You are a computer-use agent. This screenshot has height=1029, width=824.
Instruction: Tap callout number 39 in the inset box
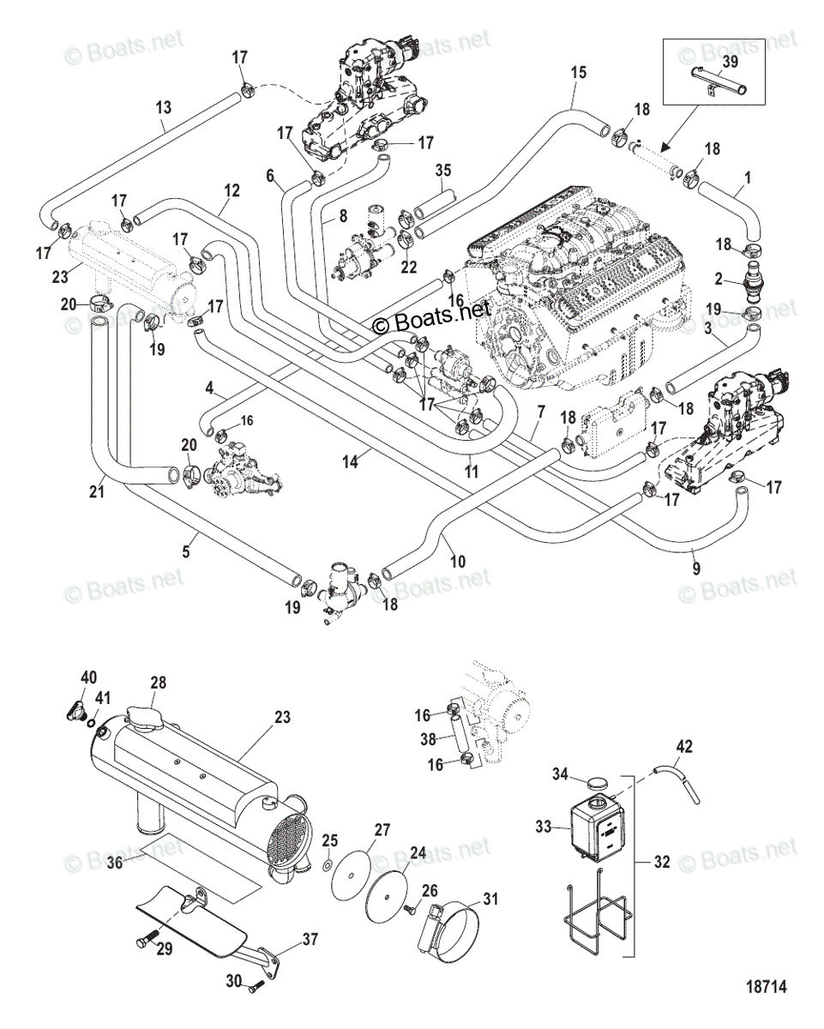pyautogui.click(x=730, y=61)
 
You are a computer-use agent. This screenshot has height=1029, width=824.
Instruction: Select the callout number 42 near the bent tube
pyautogui.click(x=684, y=746)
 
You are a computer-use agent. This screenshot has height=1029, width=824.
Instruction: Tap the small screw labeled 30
pyautogui.click(x=256, y=998)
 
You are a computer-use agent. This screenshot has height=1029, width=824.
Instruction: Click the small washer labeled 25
pyautogui.click(x=328, y=864)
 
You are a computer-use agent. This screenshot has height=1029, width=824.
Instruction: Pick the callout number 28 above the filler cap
pyautogui.click(x=158, y=682)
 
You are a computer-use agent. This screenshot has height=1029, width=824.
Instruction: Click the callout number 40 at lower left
pyautogui.click(x=88, y=677)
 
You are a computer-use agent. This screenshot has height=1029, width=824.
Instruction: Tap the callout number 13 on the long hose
pyautogui.click(x=164, y=107)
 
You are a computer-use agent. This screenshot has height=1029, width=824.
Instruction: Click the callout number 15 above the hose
pyautogui.click(x=578, y=72)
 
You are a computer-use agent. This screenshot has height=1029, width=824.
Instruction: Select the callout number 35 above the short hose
pyautogui.click(x=442, y=171)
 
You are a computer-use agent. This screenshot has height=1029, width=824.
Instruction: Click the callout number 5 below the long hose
pyautogui.click(x=185, y=551)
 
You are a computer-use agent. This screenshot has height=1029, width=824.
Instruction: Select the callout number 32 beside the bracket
pyautogui.click(x=662, y=862)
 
